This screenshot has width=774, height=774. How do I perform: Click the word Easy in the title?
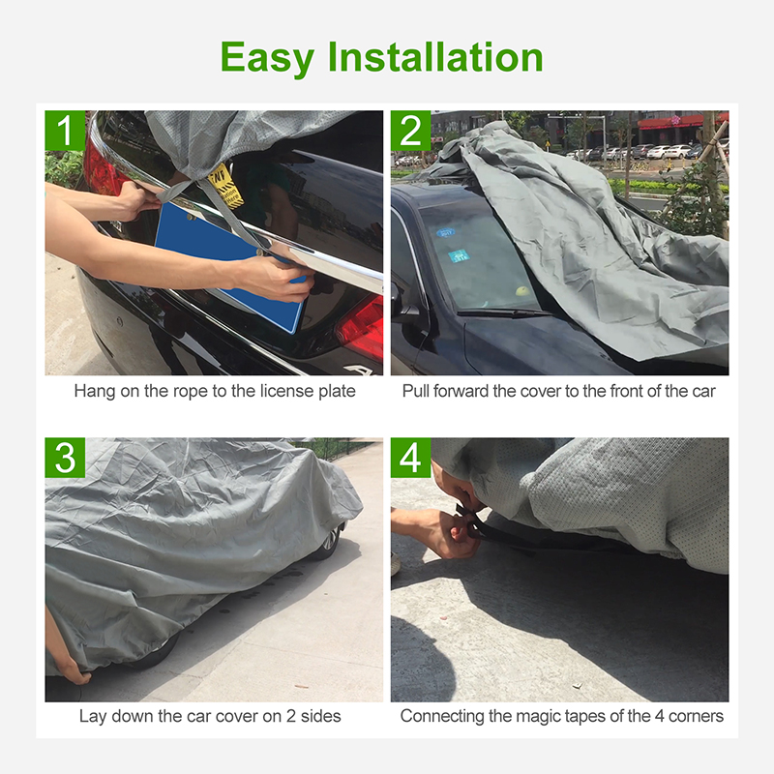(267, 59)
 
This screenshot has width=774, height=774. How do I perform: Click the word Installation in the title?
(435, 57)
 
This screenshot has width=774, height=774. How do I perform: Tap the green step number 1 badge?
(65, 131)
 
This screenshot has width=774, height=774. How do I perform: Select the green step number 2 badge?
(410, 131)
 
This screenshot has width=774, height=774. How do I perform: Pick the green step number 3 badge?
(65, 458)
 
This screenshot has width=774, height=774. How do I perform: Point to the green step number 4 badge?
(410, 458)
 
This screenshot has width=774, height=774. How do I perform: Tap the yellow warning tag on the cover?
(225, 186)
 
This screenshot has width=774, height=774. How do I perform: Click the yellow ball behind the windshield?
(521, 291)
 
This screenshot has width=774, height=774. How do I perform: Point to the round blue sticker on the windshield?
(445, 233)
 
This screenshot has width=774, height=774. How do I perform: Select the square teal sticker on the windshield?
(459, 256)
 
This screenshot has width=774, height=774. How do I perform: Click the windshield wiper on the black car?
(503, 313)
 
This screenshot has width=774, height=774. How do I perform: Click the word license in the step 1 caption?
(287, 391)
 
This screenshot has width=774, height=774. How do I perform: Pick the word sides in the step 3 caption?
(321, 716)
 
